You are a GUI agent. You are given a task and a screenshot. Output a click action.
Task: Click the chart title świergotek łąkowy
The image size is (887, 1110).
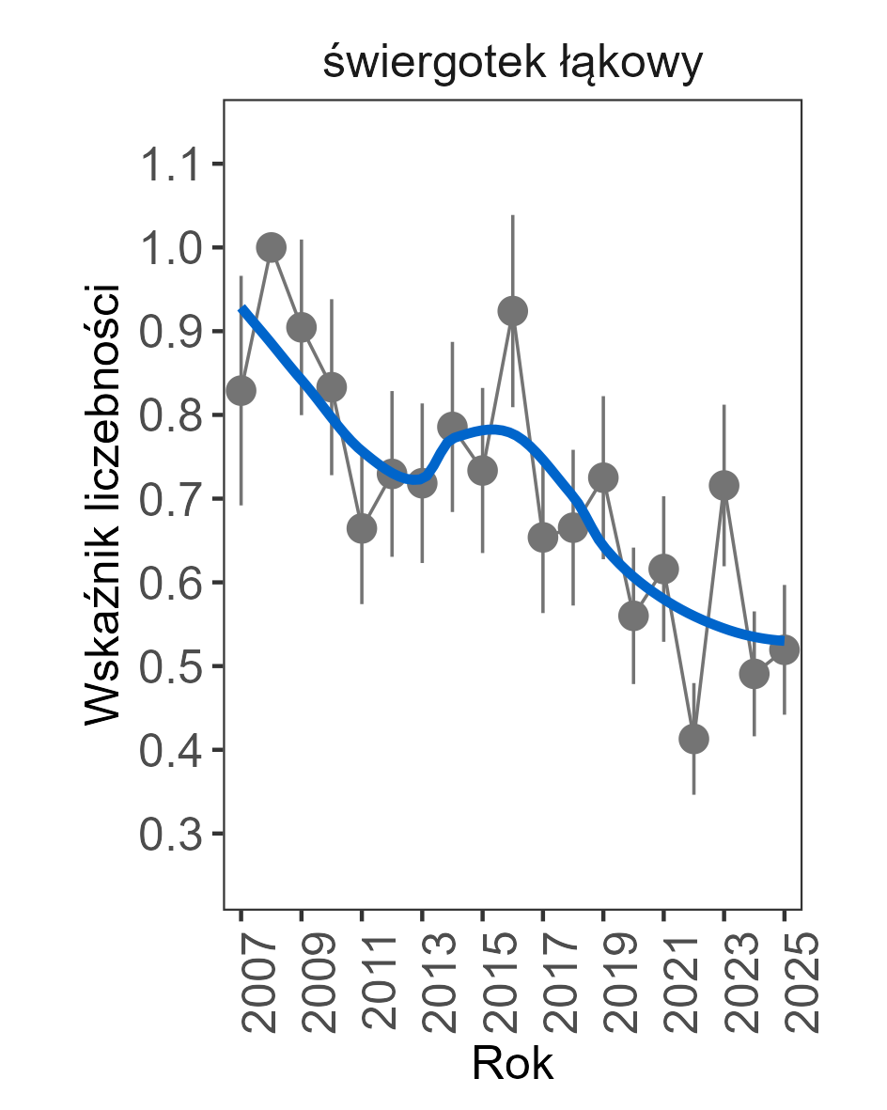512,64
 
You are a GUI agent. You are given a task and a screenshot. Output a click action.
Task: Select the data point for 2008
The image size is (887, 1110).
272,247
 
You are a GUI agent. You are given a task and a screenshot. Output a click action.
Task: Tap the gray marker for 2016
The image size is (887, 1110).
513,311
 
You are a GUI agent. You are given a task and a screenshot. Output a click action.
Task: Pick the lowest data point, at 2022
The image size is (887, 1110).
693,739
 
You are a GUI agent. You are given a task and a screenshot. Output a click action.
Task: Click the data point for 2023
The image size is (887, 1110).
724,485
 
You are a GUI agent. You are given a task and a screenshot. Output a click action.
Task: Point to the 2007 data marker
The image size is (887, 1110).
241,390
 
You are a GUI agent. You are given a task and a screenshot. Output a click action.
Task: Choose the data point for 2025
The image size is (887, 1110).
784,650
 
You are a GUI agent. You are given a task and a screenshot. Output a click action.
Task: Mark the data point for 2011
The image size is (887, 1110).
362,528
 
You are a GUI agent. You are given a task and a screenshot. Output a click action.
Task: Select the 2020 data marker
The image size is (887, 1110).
633,616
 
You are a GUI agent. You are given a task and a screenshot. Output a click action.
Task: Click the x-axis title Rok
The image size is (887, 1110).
512,1064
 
